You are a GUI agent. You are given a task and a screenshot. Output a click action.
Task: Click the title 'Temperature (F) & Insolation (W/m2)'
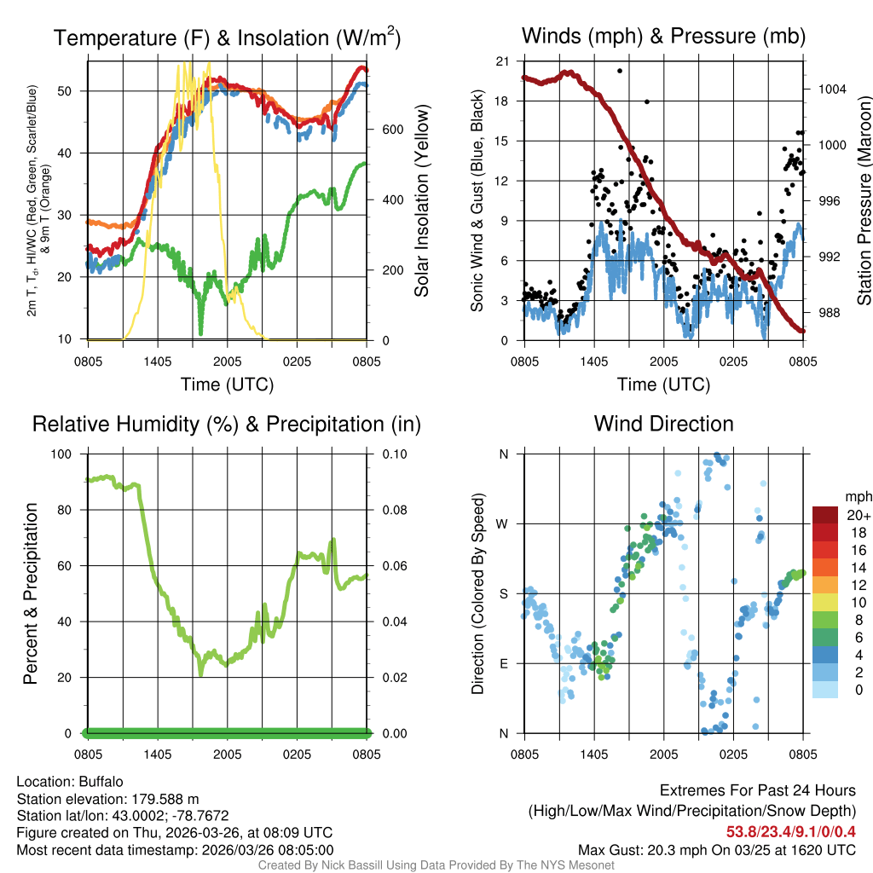click(227, 38)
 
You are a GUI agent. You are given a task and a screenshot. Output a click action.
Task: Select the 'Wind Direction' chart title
click(663, 424)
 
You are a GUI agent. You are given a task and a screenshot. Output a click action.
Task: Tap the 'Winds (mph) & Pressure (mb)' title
click(663, 36)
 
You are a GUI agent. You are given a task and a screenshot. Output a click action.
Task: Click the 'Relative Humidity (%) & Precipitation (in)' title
click(227, 424)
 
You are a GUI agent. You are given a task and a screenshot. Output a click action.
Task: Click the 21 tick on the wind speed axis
click(502, 61)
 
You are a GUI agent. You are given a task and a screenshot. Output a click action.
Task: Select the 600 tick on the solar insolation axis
click(391, 130)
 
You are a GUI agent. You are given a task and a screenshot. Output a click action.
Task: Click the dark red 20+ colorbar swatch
click(824, 515)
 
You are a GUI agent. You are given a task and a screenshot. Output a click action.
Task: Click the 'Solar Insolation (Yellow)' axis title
click(421, 201)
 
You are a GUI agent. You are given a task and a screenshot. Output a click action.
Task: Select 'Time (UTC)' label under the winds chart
click(663, 384)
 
